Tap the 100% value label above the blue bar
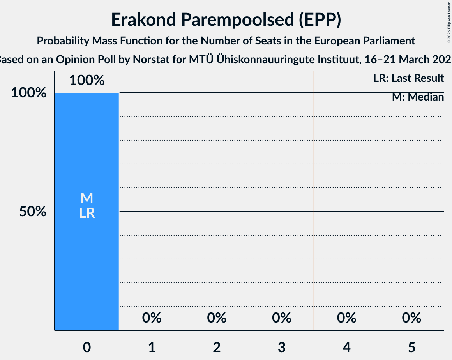[x=87, y=81]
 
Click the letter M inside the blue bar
[x=87, y=198]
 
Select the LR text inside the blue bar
[x=87, y=213]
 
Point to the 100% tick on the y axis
[x=29, y=93]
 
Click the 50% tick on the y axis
[x=33, y=212]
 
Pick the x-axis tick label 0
[x=87, y=347]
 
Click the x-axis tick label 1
[x=152, y=347]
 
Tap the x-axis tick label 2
[x=217, y=347]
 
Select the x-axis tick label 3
[x=282, y=347]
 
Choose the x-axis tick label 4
[x=347, y=347]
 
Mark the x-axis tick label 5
[x=411, y=347]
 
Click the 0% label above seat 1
[x=152, y=318]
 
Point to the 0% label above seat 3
[x=282, y=318]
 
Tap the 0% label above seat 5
[x=411, y=318]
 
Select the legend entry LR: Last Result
[x=408, y=78]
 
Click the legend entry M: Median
[x=418, y=97]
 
